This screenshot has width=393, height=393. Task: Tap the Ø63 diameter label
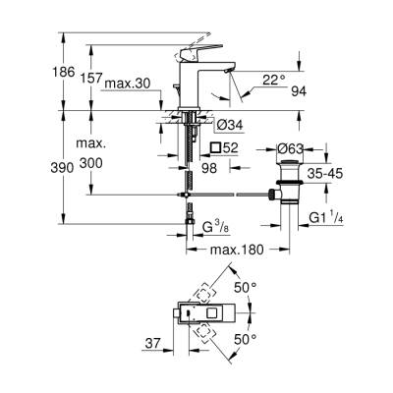click(x=291, y=149)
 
